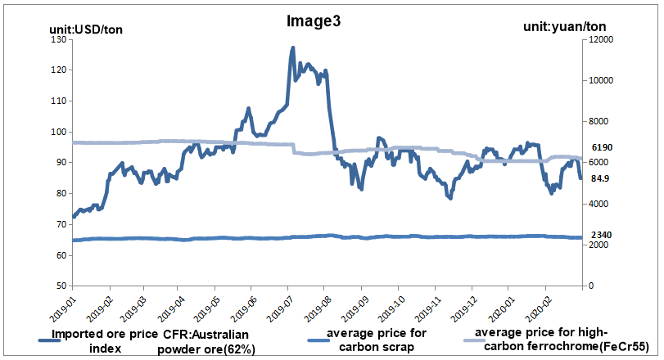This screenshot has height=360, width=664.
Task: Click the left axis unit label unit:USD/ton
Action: pos(87,30)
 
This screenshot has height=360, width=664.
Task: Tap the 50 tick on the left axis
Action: pos(61,286)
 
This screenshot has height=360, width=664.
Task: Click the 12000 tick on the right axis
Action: pos(600,39)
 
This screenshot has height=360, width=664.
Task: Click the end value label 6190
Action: pos(602,147)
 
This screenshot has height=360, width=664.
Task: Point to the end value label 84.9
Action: pos(600,178)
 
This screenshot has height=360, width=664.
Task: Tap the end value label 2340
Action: pos(602,236)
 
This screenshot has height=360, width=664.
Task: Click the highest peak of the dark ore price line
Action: pos(293,48)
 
